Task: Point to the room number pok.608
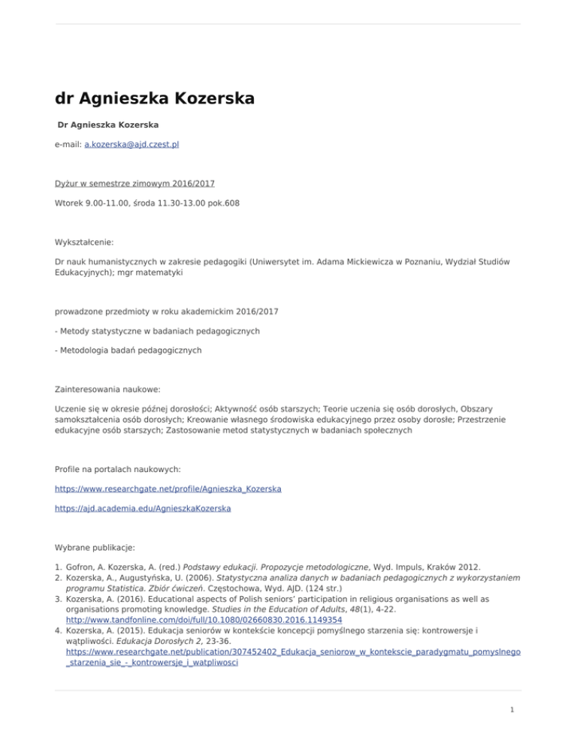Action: tap(221, 203)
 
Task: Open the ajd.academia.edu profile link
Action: tap(143, 508)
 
